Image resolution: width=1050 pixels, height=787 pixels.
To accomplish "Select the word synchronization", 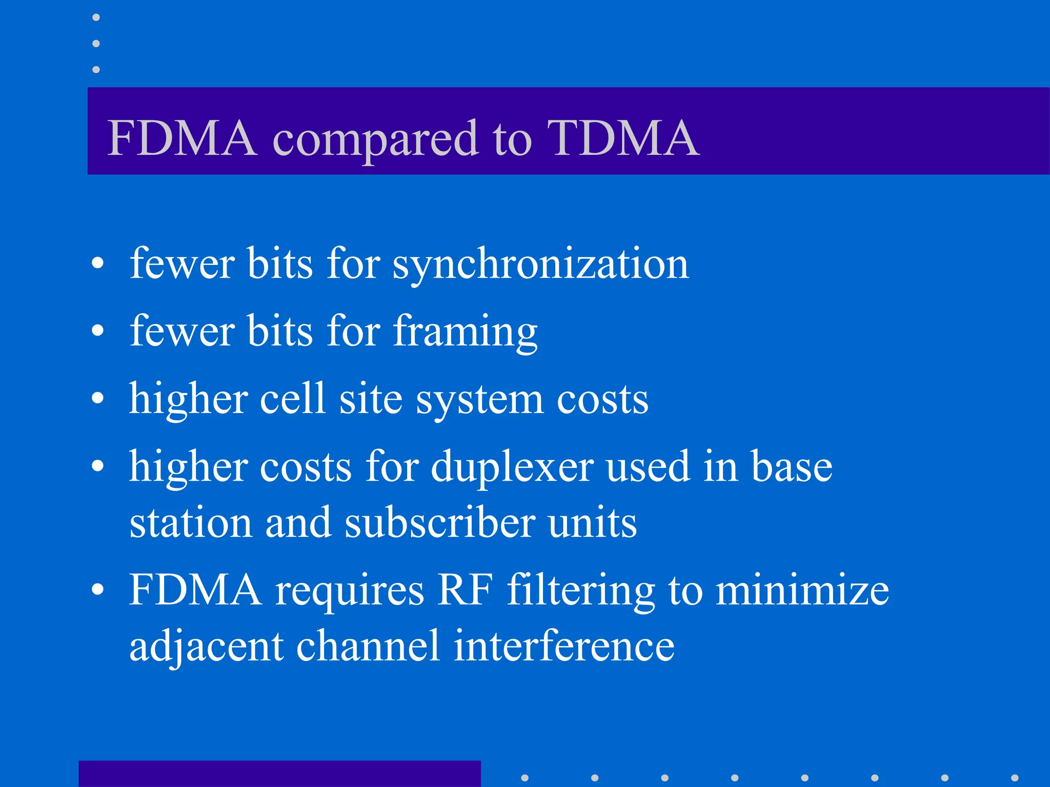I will (x=541, y=264).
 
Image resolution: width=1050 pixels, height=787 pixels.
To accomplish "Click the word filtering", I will (x=581, y=590).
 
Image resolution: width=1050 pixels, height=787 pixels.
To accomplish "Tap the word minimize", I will (x=802, y=590).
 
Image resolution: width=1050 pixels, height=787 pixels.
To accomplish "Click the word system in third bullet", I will (x=479, y=400).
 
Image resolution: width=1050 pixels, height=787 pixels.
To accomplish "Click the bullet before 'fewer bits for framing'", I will (x=97, y=331).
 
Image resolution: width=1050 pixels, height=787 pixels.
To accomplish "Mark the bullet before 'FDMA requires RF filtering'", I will (x=97, y=590).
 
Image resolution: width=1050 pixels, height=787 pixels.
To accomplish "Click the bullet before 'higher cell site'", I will (x=97, y=399).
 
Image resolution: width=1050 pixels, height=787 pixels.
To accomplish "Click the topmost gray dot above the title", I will (x=96, y=17).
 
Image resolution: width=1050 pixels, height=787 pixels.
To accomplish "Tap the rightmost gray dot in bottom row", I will (x=1014, y=778).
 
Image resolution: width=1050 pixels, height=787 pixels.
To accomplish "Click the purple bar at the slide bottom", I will (x=279, y=774).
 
